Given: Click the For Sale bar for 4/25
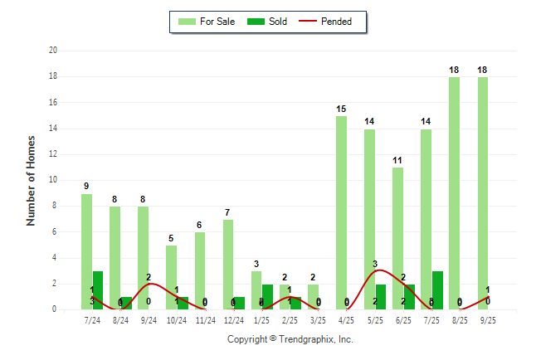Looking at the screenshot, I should click(x=341, y=212).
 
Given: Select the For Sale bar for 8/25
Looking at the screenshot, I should click(x=454, y=193).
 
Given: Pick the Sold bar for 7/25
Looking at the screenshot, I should click(x=437, y=290).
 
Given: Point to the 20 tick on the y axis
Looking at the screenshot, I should click(x=52, y=51).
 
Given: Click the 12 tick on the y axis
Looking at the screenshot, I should click(x=52, y=154).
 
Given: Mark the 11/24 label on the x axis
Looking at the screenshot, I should click(x=205, y=319).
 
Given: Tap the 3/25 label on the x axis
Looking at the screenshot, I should click(x=318, y=319).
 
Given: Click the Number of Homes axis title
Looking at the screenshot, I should click(x=32, y=180).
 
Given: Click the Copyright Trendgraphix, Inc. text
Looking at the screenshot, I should click(x=290, y=339).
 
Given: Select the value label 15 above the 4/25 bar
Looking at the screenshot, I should click(x=341, y=109).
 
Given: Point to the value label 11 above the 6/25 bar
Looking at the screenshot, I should click(x=397, y=160).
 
